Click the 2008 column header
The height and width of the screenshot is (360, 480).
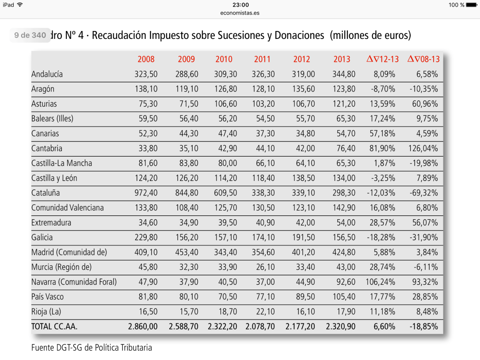coord(146,59)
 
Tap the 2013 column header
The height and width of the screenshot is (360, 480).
coord(342,59)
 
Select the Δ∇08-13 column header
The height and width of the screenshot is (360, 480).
coord(423,59)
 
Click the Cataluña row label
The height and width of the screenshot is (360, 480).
coord(46,193)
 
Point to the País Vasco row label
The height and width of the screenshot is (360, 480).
coord(48,296)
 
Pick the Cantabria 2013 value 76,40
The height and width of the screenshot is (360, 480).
coord(344,148)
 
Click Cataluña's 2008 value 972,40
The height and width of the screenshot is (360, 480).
coord(146,193)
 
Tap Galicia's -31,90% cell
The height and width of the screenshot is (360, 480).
coord(423,237)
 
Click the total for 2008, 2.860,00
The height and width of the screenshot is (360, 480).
coord(143,326)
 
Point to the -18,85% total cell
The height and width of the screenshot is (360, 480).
coord(423,326)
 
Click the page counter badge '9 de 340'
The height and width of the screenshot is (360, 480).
coord(30,35)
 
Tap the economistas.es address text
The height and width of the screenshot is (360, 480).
coord(240,13)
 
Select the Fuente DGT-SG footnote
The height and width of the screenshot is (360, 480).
coord(91,348)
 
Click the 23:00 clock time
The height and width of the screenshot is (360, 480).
coord(240,5)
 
